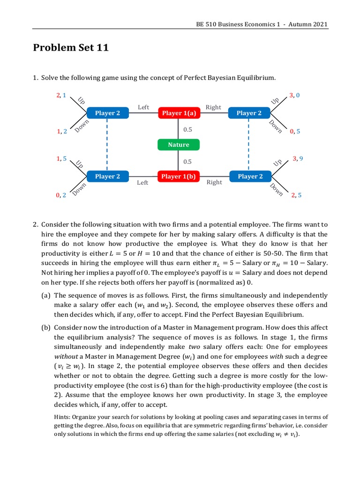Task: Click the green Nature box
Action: coord(179,145)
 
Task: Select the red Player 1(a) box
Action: coord(179,113)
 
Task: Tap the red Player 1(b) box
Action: coord(179,176)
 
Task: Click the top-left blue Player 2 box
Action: coord(107,113)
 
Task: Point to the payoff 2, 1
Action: coord(61,95)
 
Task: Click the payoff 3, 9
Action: coord(298,159)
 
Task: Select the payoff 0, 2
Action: coord(61,195)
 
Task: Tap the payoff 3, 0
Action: coord(294,95)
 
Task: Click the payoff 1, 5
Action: coord(61,159)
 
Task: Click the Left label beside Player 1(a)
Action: coord(143,107)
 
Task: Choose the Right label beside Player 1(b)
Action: coord(214,182)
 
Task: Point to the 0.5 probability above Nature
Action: coord(187,129)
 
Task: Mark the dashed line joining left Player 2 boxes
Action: coord(107,145)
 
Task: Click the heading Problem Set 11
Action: coord(71,47)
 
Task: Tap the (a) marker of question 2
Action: coord(45,295)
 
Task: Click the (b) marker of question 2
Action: coord(45,327)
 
